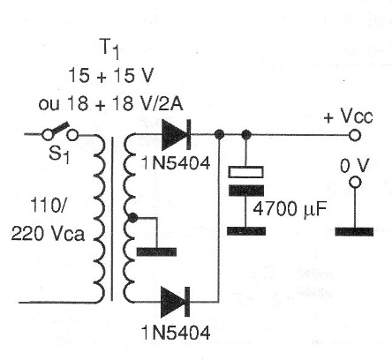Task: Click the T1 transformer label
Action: click(110, 50)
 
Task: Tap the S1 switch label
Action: click(59, 154)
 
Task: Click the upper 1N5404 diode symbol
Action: click(176, 134)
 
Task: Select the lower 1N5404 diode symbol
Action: click(175, 302)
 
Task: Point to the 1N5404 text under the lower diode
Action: click(176, 333)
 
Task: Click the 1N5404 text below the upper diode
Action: click(176, 162)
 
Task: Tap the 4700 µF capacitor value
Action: click(290, 210)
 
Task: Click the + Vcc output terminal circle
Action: click(355, 135)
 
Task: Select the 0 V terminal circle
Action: click(355, 183)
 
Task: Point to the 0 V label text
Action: click(354, 166)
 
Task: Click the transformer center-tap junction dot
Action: click(133, 218)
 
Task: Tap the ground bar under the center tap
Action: click(156, 252)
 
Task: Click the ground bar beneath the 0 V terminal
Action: click(354, 232)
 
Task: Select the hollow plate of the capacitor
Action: click(246, 172)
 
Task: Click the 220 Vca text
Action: click(48, 234)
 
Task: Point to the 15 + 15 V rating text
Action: click(111, 76)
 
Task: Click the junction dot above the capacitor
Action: click(246, 135)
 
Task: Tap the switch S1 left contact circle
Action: click(48, 135)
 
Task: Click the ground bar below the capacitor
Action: click(246, 231)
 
